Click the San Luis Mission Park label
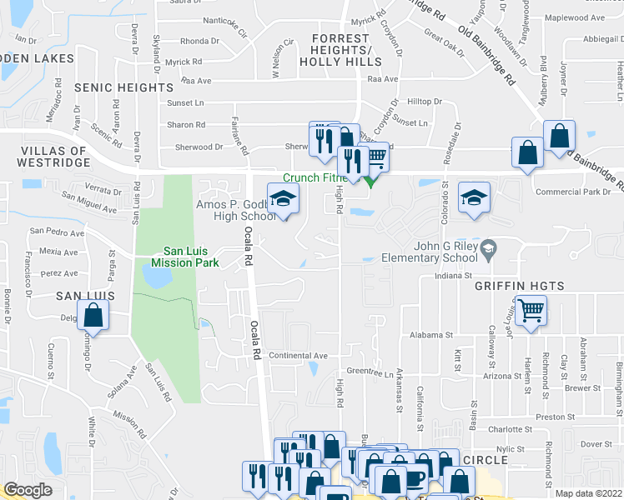click(190, 256)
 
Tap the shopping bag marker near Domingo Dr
click(93, 316)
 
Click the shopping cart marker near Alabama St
click(531, 312)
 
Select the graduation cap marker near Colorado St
click(474, 197)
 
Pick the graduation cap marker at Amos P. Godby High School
click(283, 198)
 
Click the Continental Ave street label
click(299, 355)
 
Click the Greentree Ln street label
click(369, 372)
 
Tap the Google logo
click(28, 490)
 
